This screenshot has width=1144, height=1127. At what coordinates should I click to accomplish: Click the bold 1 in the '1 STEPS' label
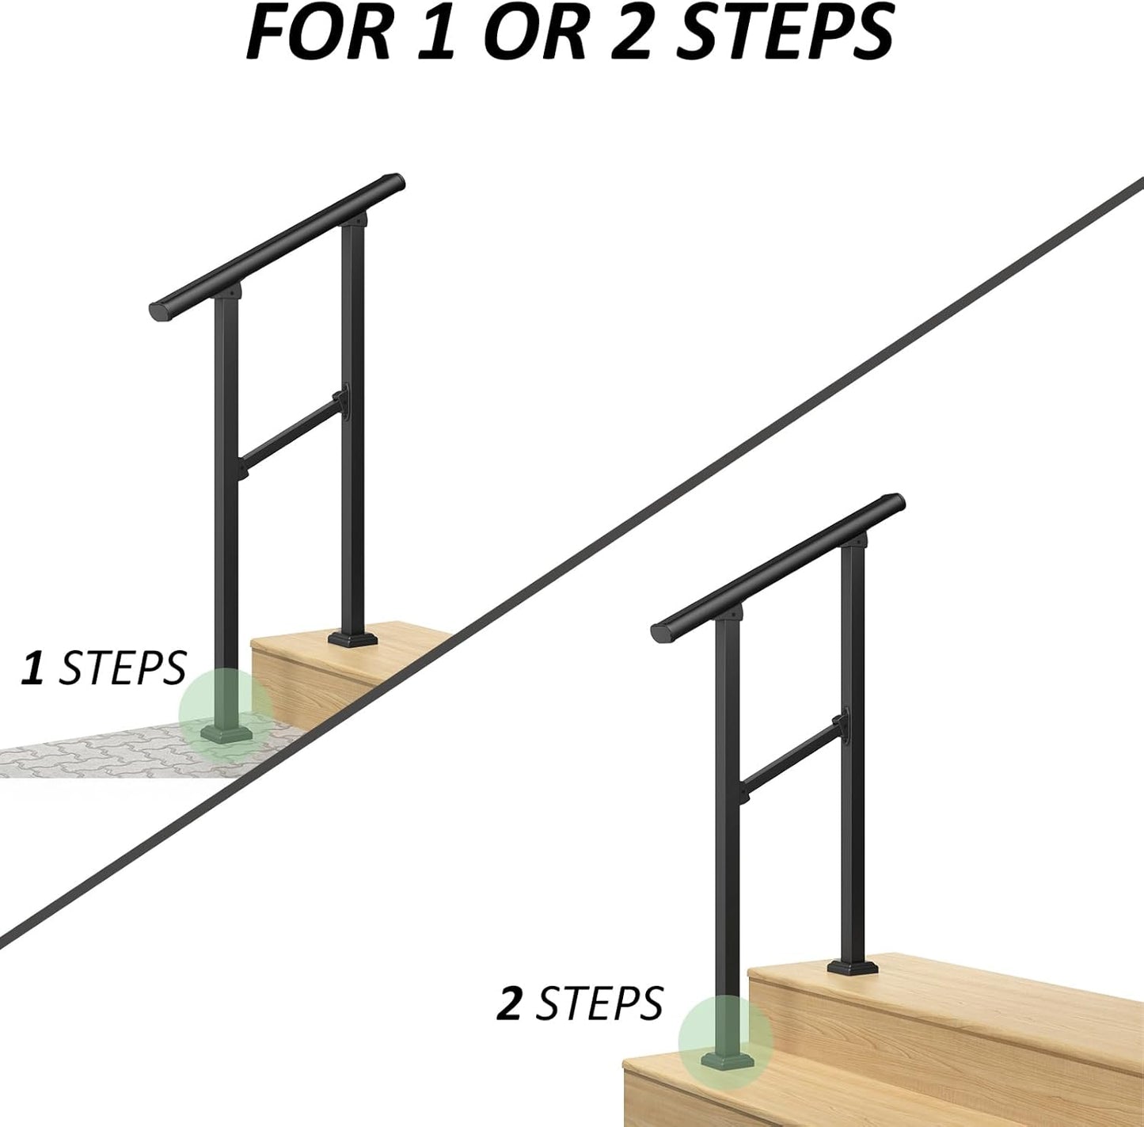coord(33,668)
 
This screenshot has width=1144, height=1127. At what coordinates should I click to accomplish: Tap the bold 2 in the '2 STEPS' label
coord(508,1004)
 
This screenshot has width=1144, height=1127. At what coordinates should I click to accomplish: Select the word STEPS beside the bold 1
coord(122,668)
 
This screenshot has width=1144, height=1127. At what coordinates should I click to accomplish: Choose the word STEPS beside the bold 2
coord(599,1004)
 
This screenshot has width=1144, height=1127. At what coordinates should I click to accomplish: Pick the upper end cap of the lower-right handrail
coord(895,504)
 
